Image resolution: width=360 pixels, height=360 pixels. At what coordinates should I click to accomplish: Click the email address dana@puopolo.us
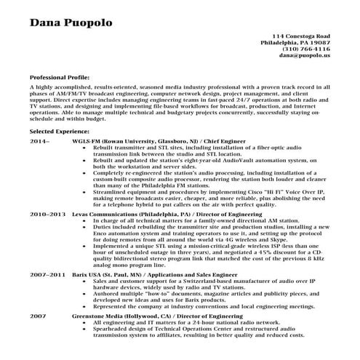303,55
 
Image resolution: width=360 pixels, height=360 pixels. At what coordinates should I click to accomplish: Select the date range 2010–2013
47,215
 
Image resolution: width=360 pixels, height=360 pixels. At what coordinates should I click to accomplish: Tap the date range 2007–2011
47,276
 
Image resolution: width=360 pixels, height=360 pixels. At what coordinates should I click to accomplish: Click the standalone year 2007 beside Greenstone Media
38,317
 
